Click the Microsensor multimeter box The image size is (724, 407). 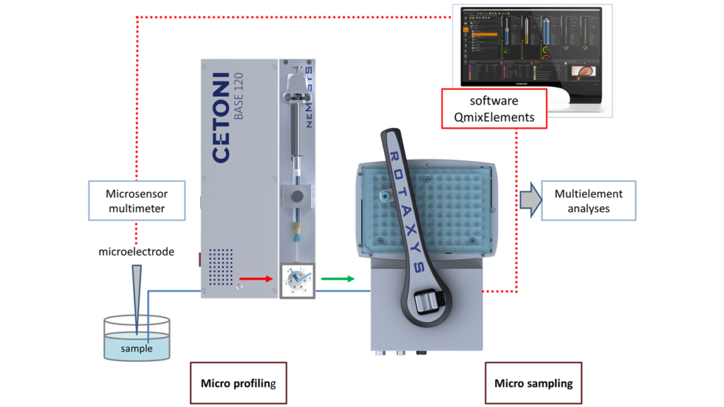tap(136, 201)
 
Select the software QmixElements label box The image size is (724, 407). tap(494, 108)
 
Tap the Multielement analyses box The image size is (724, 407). tap(588, 201)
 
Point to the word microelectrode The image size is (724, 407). tap(136, 252)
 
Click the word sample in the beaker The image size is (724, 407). tap(136, 348)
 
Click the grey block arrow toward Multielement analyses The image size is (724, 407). tap(528, 200)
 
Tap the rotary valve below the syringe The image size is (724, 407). tap(297, 281)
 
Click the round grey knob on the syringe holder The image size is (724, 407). tap(298, 196)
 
